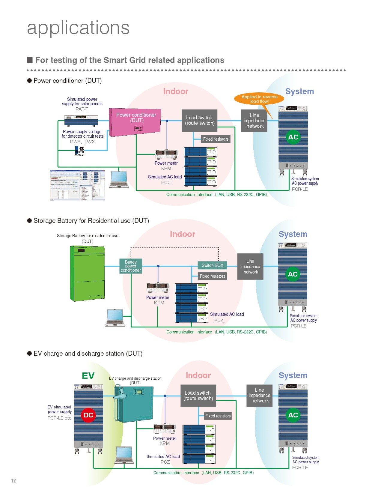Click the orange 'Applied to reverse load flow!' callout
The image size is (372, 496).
259,99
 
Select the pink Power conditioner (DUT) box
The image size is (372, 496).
135,121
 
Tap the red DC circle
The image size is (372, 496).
88,415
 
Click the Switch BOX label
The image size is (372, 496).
212,265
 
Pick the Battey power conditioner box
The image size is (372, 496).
131,266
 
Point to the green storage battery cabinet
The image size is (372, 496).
87,273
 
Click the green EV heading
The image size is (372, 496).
88,376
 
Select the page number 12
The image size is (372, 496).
13,480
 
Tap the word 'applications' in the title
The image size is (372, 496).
78,28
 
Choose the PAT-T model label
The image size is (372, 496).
82,109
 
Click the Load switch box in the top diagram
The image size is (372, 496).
199,121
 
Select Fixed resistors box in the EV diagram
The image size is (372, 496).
218,416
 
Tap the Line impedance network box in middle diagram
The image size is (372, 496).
250,267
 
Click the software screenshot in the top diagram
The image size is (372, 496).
77,185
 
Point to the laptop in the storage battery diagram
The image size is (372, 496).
115,317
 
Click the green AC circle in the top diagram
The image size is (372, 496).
293,137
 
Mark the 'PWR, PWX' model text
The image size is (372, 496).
82,142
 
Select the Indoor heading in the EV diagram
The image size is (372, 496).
198,375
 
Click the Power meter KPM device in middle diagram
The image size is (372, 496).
158,287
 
